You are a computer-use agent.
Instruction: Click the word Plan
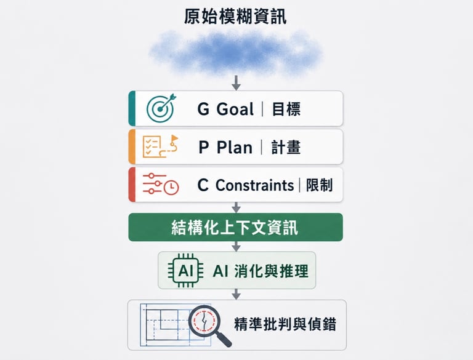(235, 147)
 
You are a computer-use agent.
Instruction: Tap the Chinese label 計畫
(285, 147)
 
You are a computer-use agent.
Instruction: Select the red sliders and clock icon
(160, 184)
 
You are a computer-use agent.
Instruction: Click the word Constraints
(254, 185)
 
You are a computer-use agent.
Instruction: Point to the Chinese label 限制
(319, 185)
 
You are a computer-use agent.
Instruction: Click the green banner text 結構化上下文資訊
(235, 228)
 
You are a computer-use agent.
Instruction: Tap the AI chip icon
(185, 270)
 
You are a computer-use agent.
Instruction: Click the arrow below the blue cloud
(235, 81)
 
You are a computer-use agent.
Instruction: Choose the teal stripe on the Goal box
(131, 108)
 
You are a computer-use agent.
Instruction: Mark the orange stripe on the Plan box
(131, 146)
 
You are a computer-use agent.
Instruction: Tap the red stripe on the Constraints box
(131, 184)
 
